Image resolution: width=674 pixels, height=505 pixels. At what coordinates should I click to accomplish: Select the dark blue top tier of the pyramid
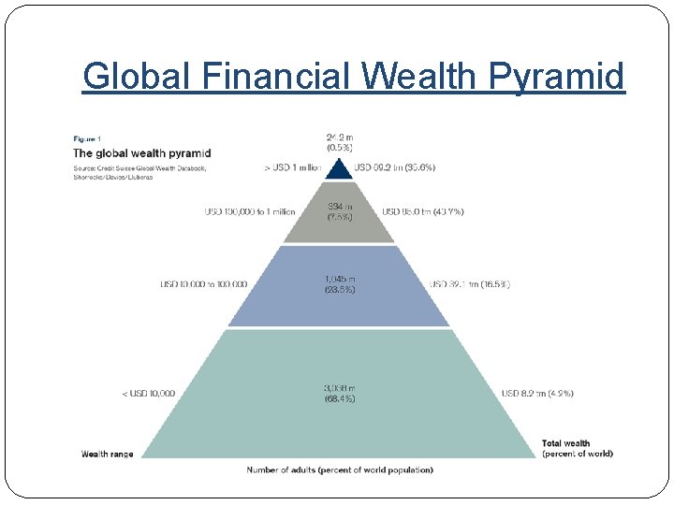point(338,168)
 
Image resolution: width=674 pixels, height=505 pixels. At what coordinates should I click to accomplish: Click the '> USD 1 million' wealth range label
point(293,167)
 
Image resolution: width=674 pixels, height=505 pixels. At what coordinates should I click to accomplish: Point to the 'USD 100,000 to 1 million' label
point(249,212)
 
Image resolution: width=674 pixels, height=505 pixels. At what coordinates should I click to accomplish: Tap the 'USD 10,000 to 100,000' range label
point(203,284)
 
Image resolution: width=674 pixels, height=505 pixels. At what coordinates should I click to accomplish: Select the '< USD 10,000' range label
point(148,394)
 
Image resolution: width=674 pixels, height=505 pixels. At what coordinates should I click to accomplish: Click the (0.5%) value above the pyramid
point(338,148)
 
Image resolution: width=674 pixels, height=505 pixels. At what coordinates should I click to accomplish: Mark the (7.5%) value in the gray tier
point(338,218)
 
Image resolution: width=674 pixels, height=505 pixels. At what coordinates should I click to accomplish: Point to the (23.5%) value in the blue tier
point(338,290)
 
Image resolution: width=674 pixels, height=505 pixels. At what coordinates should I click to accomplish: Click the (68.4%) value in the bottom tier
point(338,399)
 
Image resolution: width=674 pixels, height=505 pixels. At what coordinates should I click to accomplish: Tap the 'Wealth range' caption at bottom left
point(107,454)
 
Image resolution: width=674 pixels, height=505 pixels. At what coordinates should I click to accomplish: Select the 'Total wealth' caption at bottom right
point(565,443)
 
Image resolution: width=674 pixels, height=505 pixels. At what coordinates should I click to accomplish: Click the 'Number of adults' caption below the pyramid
point(339,469)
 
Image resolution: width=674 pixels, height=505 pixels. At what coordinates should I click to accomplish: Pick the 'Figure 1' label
point(88,139)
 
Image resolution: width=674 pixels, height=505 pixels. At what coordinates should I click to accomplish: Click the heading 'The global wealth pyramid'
point(142,153)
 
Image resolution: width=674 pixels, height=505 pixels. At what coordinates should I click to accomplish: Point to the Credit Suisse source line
point(140,168)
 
